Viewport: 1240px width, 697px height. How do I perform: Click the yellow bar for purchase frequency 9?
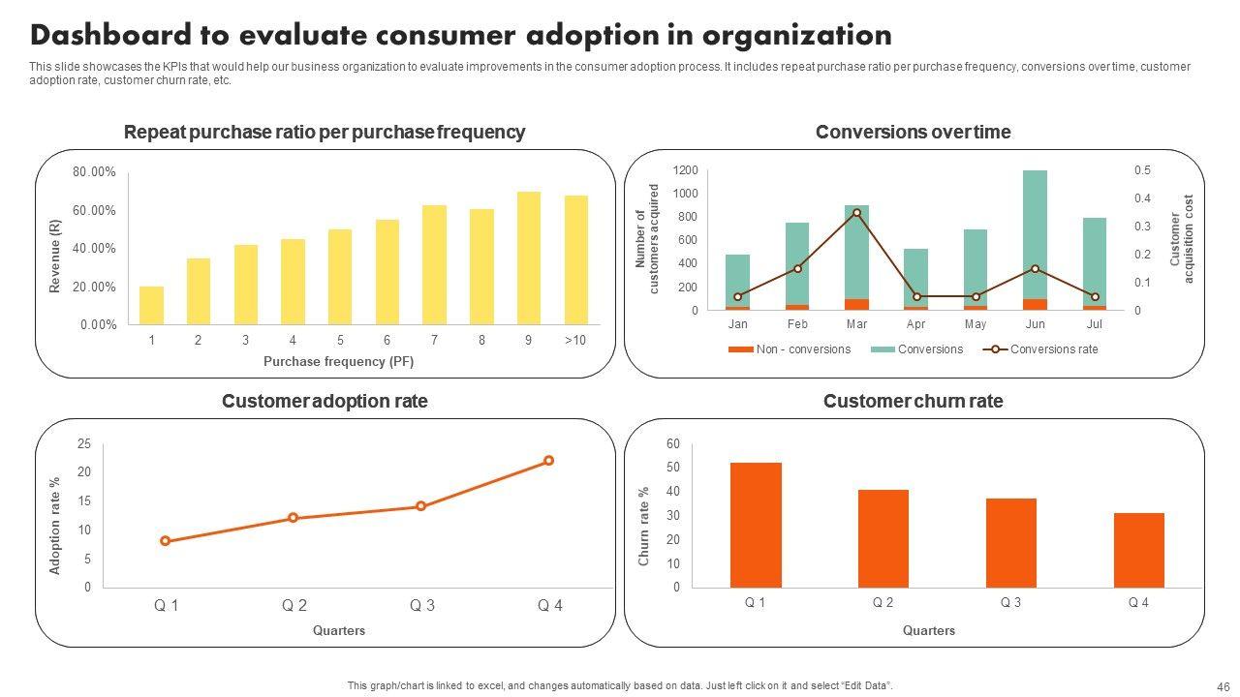click(x=529, y=258)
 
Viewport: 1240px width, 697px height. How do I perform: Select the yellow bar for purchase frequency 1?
click(x=151, y=305)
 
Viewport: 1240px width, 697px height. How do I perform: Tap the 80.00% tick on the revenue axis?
click(x=94, y=172)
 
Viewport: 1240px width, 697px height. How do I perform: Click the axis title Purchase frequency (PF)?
click(x=338, y=362)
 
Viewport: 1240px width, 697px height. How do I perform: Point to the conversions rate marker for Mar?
click(x=856, y=212)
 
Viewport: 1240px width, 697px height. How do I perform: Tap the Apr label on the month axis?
click(x=916, y=324)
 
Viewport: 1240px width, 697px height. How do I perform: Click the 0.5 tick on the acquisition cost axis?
click(x=1142, y=170)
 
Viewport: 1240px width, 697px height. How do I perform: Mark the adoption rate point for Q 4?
click(x=548, y=461)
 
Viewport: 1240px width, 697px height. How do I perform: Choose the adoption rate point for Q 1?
click(x=166, y=541)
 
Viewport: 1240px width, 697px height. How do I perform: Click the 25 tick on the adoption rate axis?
click(x=84, y=444)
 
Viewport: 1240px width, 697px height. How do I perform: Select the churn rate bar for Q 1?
click(x=756, y=525)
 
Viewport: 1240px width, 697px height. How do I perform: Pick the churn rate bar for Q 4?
click(x=1139, y=550)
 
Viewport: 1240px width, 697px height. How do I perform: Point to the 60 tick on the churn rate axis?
click(x=673, y=444)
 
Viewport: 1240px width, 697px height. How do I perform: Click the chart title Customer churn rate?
click(x=913, y=401)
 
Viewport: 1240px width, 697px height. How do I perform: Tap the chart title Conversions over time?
click(x=913, y=133)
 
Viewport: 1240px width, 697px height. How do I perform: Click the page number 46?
click(x=1223, y=685)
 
